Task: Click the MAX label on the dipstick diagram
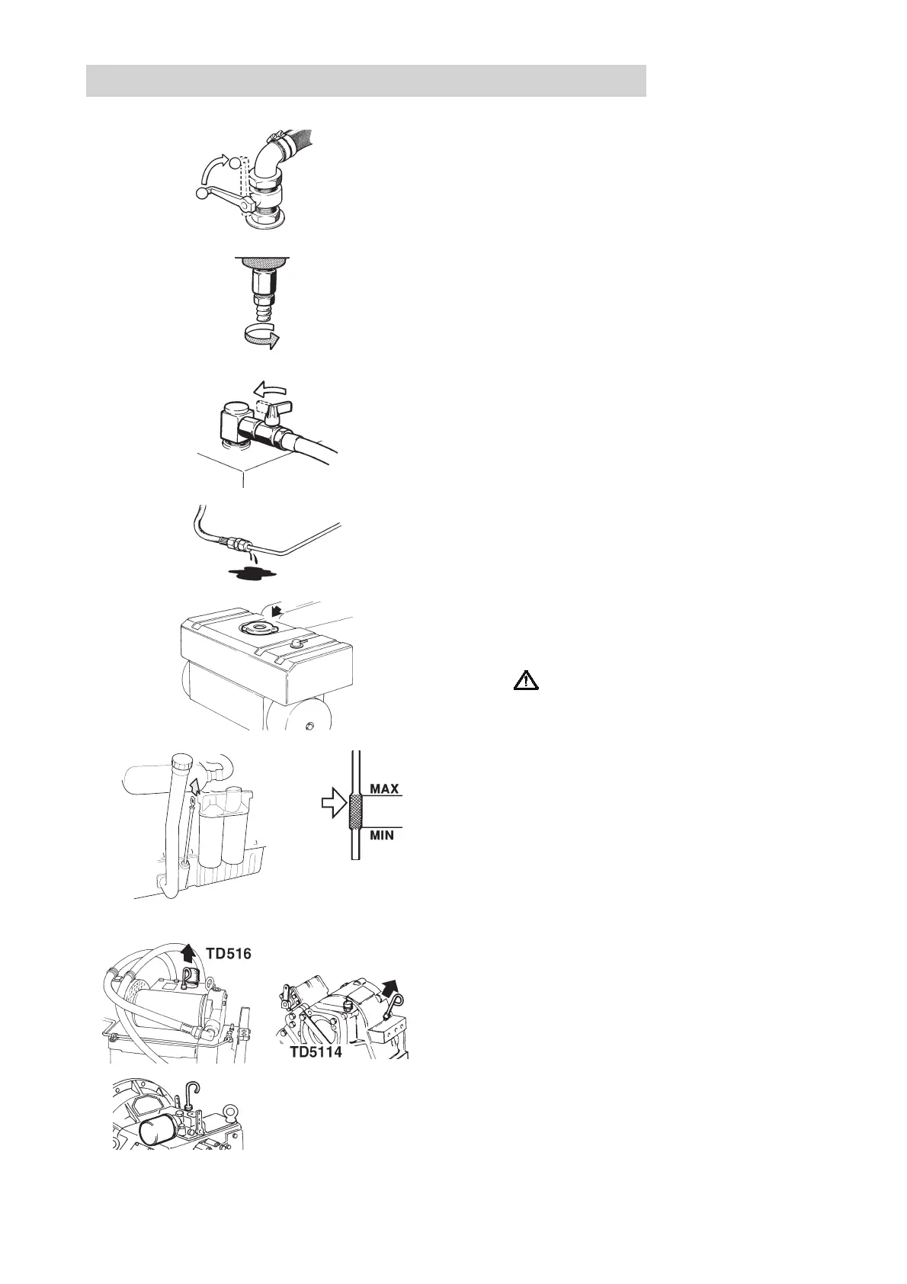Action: (x=384, y=788)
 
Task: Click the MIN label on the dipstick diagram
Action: (x=382, y=836)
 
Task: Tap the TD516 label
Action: (x=228, y=954)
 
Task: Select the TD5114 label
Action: (x=315, y=1053)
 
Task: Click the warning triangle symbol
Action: (x=526, y=679)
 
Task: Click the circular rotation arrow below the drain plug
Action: (x=260, y=336)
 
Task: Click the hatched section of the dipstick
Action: (x=355, y=811)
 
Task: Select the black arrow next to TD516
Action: (x=188, y=952)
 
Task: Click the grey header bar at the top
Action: (x=366, y=81)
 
